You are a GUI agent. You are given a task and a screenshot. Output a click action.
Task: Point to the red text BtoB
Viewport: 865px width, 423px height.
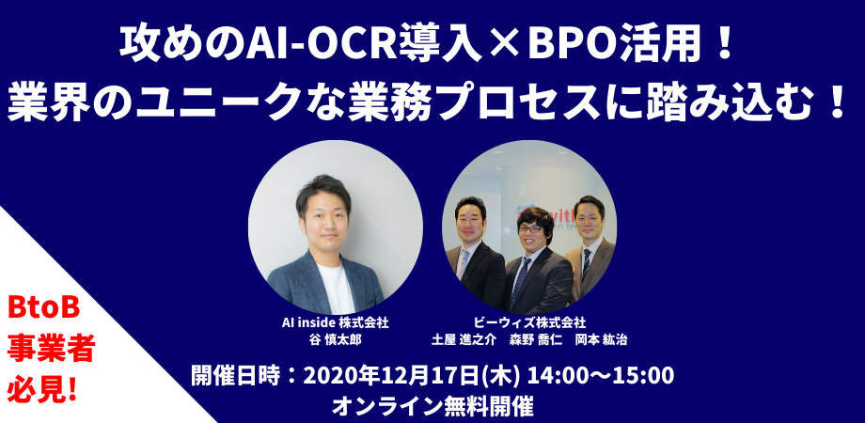pyautogui.click(x=43, y=307)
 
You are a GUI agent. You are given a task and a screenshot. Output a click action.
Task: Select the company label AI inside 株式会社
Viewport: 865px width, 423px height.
pyautogui.click(x=336, y=322)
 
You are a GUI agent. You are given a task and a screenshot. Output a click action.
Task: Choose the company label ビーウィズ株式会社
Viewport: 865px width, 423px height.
pyautogui.click(x=529, y=322)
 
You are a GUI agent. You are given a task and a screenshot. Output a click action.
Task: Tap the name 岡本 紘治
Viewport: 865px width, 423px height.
pyautogui.click(x=601, y=339)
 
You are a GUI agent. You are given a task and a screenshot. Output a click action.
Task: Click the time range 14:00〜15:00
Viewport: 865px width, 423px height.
pyautogui.click(x=601, y=376)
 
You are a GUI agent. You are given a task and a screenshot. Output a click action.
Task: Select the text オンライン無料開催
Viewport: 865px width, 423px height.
pyautogui.click(x=432, y=407)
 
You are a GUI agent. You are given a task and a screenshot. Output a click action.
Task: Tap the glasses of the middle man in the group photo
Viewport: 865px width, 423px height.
pyautogui.click(x=530, y=228)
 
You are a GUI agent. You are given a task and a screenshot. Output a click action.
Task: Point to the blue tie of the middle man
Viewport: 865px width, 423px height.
pyautogui.click(x=520, y=281)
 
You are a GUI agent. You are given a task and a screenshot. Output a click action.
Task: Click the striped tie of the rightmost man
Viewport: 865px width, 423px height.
pyautogui.click(x=587, y=263)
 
